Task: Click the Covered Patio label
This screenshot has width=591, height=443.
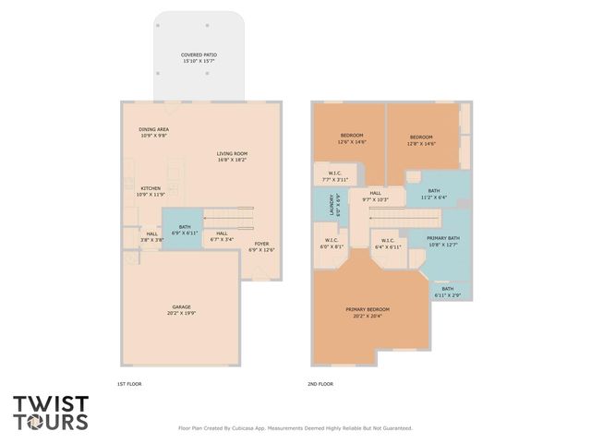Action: (x=199, y=58)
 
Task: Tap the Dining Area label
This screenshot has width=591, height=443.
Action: (x=153, y=132)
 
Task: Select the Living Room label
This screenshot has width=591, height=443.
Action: (x=232, y=156)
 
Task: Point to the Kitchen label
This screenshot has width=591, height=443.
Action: (x=150, y=191)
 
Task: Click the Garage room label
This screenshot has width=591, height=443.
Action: (x=181, y=309)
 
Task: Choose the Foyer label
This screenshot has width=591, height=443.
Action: (x=261, y=245)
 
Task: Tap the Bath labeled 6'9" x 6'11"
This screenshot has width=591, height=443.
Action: (x=185, y=230)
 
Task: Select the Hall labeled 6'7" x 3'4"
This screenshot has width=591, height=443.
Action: (x=222, y=236)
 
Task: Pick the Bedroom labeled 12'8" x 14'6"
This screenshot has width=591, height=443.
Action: (x=421, y=139)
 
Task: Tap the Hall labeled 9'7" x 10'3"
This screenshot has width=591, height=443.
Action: (x=374, y=196)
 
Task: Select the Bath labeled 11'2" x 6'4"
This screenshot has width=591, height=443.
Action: (x=434, y=194)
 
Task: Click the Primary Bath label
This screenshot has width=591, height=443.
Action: (x=442, y=242)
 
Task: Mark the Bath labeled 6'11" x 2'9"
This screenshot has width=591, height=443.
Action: (x=447, y=292)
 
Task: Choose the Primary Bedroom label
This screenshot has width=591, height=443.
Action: (x=368, y=312)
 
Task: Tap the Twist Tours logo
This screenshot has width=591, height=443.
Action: (x=51, y=413)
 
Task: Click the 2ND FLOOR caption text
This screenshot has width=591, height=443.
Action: (x=320, y=384)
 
